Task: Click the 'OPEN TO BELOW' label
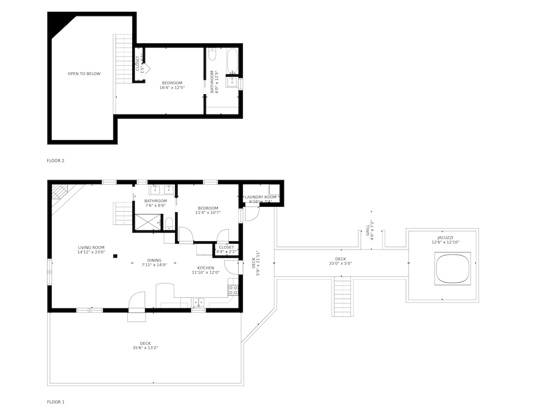click(83, 74)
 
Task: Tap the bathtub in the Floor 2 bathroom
click(233, 62)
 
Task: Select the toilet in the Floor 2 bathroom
click(212, 54)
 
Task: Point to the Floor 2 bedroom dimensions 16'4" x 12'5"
click(172, 88)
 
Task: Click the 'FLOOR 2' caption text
click(56, 160)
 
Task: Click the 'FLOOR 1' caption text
click(56, 401)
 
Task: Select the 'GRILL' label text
click(368, 230)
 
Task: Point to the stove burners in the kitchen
click(233, 290)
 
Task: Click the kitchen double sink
click(198, 302)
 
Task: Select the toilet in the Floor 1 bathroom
click(169, 222)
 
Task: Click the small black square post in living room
click(115, 256)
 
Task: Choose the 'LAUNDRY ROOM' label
click(261, 197)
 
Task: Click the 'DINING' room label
click(155, 260)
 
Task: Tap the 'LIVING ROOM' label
click(91, 247)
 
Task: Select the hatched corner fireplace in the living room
click(58, 191)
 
